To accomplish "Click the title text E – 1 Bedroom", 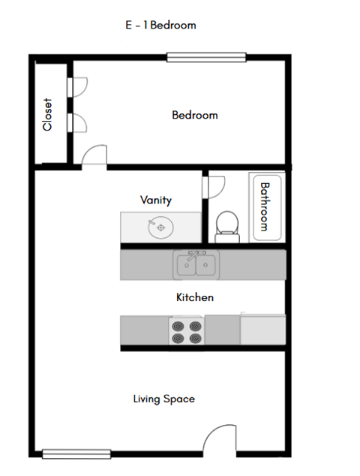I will click(x=160, y=25).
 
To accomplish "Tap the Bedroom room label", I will click(x=194, y=115).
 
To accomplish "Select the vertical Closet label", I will click(x=48, y=114).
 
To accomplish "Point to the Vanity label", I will click(x=156, y=200).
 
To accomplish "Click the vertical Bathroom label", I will click(x=264, y=206).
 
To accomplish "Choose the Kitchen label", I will click(x=194, y=297).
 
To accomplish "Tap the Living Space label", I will click(x=163, y=399).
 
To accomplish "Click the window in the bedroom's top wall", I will click(x=206, y=56).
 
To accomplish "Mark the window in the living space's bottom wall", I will click(x=76, y=453).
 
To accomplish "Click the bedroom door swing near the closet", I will click(x=94, y=156).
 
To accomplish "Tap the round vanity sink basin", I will click(x=160, y=226).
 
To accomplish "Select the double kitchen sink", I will click(x=196, y=264).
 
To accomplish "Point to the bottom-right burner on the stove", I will click(x=196, y=338).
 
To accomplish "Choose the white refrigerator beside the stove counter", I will click(x=262, y=329).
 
